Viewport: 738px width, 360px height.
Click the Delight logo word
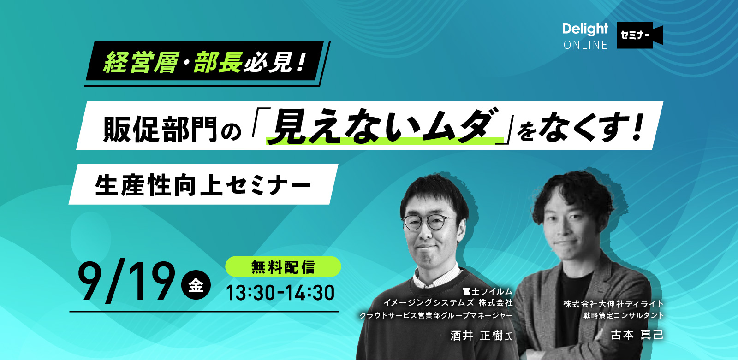coord(585,30)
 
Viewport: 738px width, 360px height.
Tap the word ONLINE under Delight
coord(585,45)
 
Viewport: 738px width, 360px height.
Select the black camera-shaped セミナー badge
coord(639,35)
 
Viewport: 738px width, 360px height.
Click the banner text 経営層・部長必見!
coord(205,62)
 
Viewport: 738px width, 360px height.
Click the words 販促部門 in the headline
coord(160,130)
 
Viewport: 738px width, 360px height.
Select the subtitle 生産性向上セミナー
coord(203,185)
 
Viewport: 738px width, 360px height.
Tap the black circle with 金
coord(196,285)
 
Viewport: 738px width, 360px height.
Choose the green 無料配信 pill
coord(283,266)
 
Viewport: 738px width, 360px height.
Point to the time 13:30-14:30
coord(280,293)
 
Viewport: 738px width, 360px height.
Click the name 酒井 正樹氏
coord(482,336)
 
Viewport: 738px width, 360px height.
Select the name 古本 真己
coord(637,335)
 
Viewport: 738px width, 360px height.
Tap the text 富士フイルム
coord(488,291)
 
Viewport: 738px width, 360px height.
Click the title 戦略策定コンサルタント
coord(623,315)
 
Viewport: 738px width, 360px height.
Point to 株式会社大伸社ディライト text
coord(613,304)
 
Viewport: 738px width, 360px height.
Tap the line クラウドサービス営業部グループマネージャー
coord(436,315)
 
